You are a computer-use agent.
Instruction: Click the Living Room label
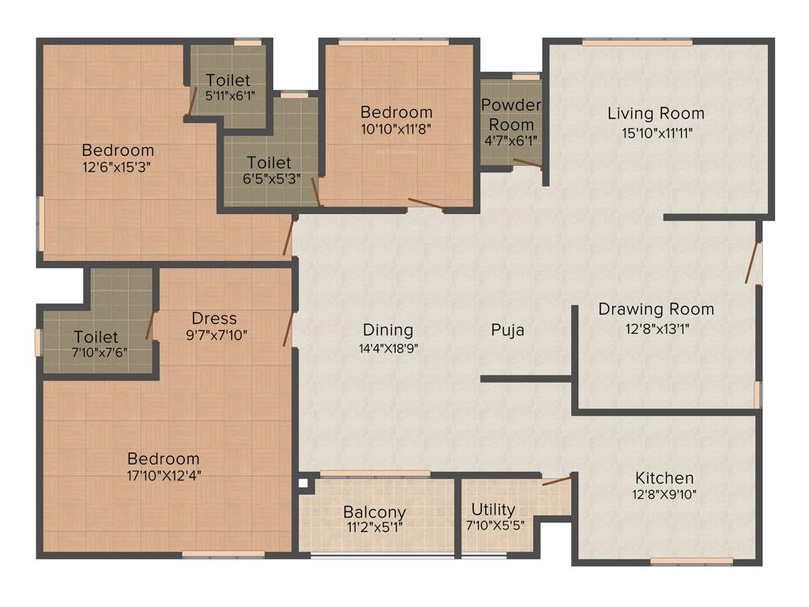tap(656, 113)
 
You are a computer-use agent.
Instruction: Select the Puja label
tap(506, 330)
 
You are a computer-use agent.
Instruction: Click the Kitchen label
tap(664, 477)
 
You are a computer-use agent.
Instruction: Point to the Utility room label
tap(493, 509)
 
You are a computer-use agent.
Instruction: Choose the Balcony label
tap(374, 512)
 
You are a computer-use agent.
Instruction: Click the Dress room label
tap(214, 318)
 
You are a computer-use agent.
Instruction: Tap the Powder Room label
tap(511, 115)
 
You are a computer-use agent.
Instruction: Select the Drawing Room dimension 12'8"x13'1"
tap(656, 329)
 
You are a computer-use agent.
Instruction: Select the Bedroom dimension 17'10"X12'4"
tap(164, 477)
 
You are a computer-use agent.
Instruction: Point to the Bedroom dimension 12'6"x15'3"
tap(118, 167)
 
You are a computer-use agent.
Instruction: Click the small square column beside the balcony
tap(303, 482)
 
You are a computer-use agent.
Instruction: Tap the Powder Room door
tap(527, 164)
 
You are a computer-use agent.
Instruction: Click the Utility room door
tap(556, 481)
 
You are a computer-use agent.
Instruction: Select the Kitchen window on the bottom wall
tap(680, 562)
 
